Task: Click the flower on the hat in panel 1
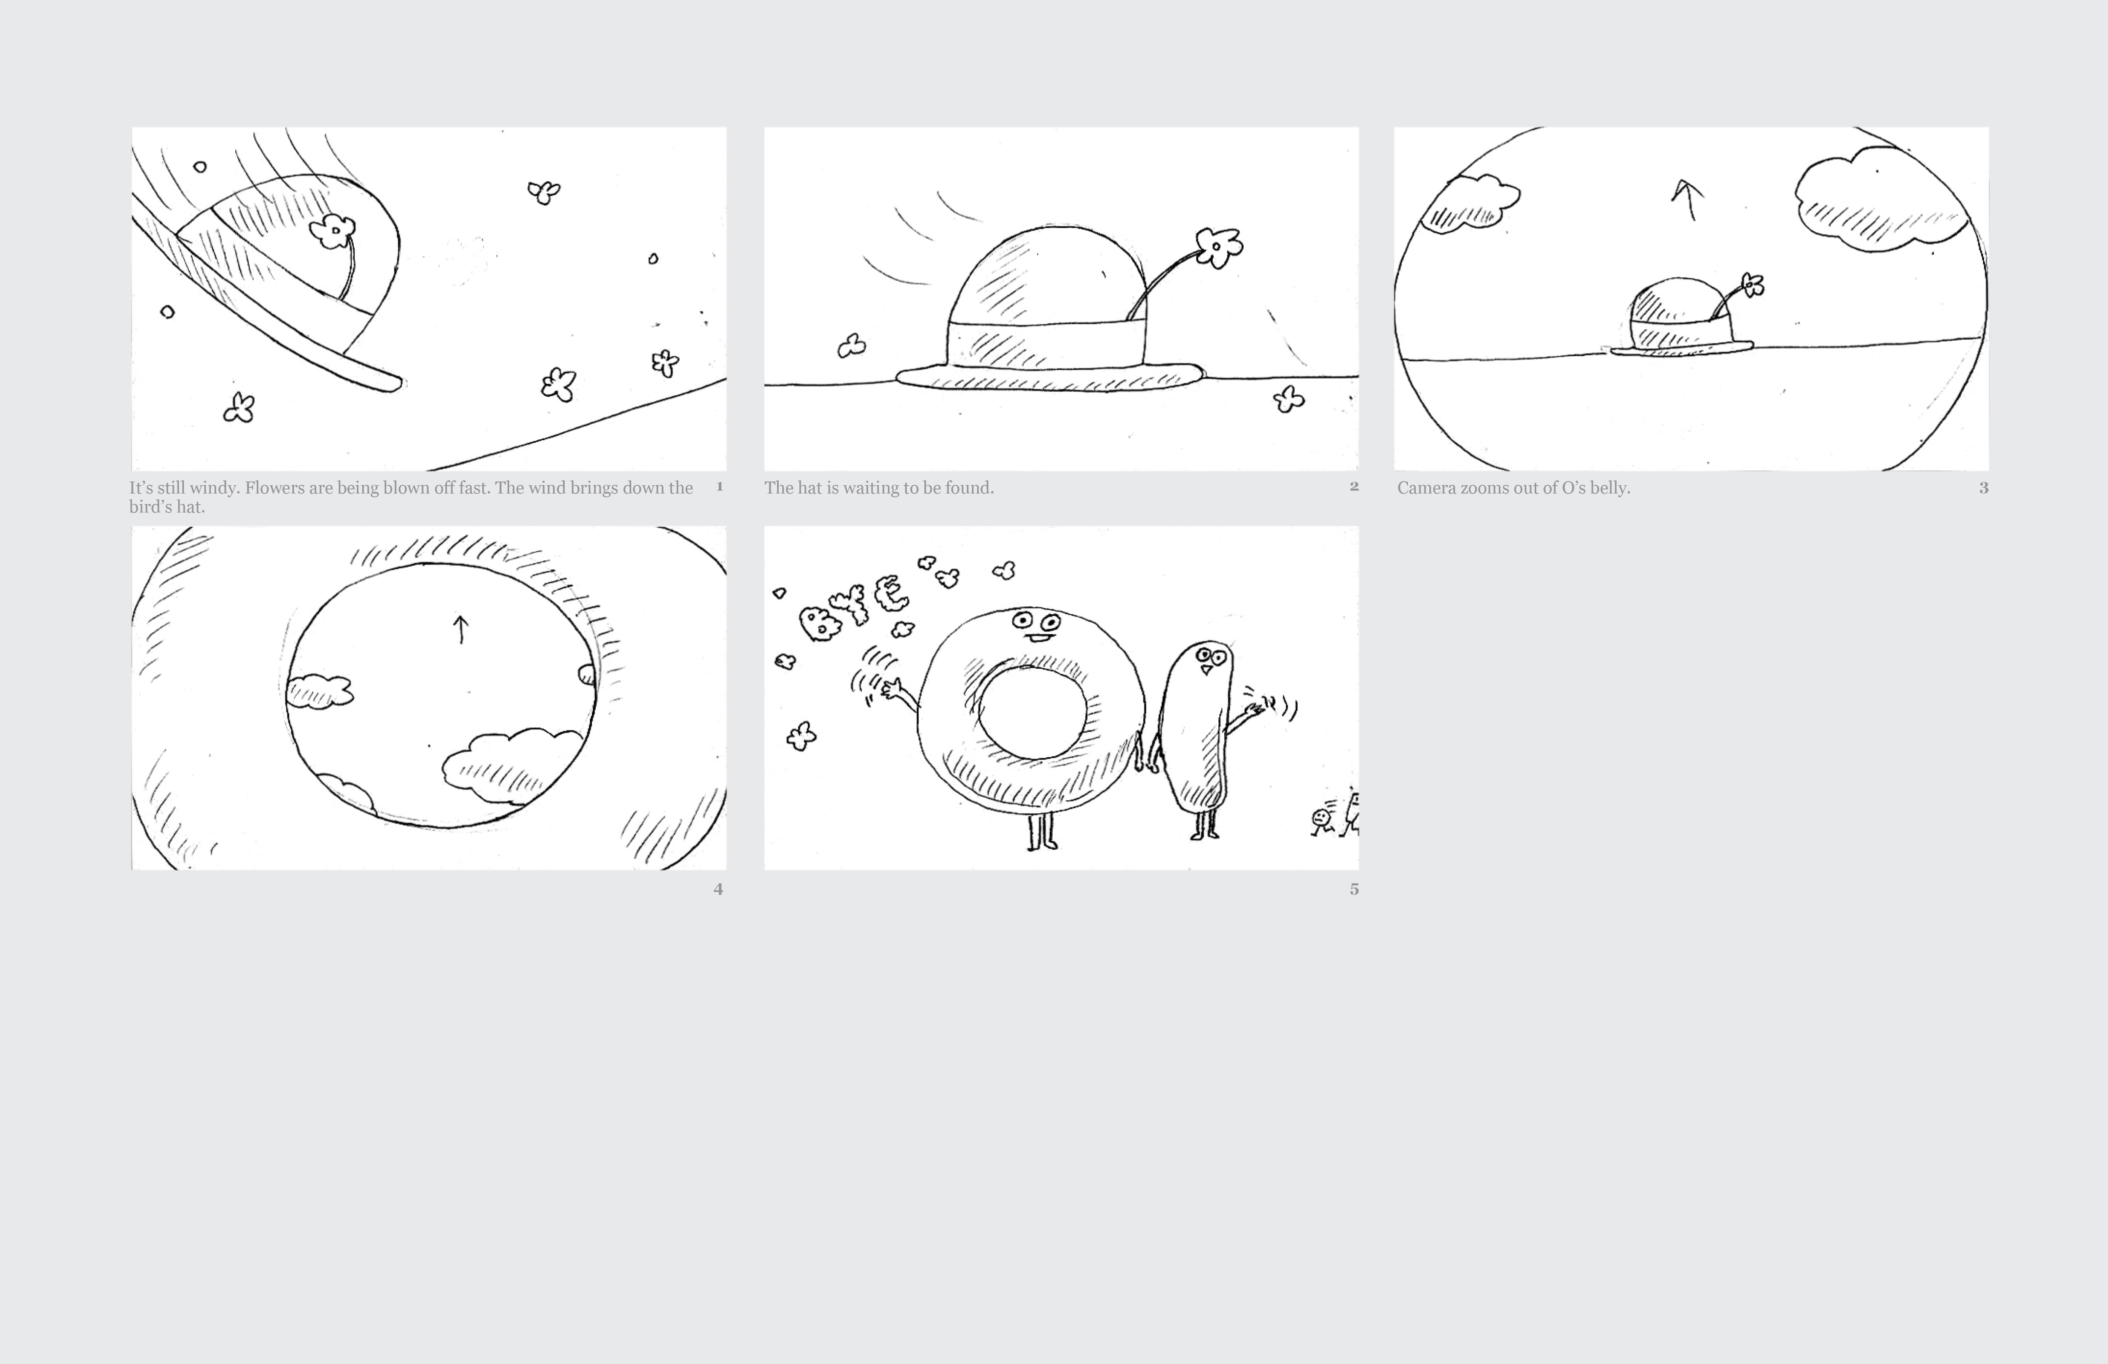pyautogui.click(x=333, y=231)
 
